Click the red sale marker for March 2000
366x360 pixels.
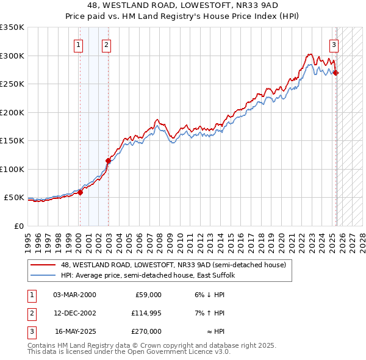click(80, 192)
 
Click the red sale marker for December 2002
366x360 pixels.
click(108, 161)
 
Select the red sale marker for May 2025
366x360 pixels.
click(336, 73)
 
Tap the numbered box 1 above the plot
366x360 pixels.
click(79, 44)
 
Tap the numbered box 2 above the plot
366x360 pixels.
click(106, 44)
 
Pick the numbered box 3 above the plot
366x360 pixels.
click(334, 44)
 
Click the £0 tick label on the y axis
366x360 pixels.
click(18, 226)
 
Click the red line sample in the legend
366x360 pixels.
click(43, 265)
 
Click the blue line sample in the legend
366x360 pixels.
click(43, 275)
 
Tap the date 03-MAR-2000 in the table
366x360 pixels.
click(74, 295)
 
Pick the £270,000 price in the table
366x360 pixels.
click(147, 331)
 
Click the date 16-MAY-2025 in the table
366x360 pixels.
click(75, 331)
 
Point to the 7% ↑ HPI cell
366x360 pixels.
click(210, 313)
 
